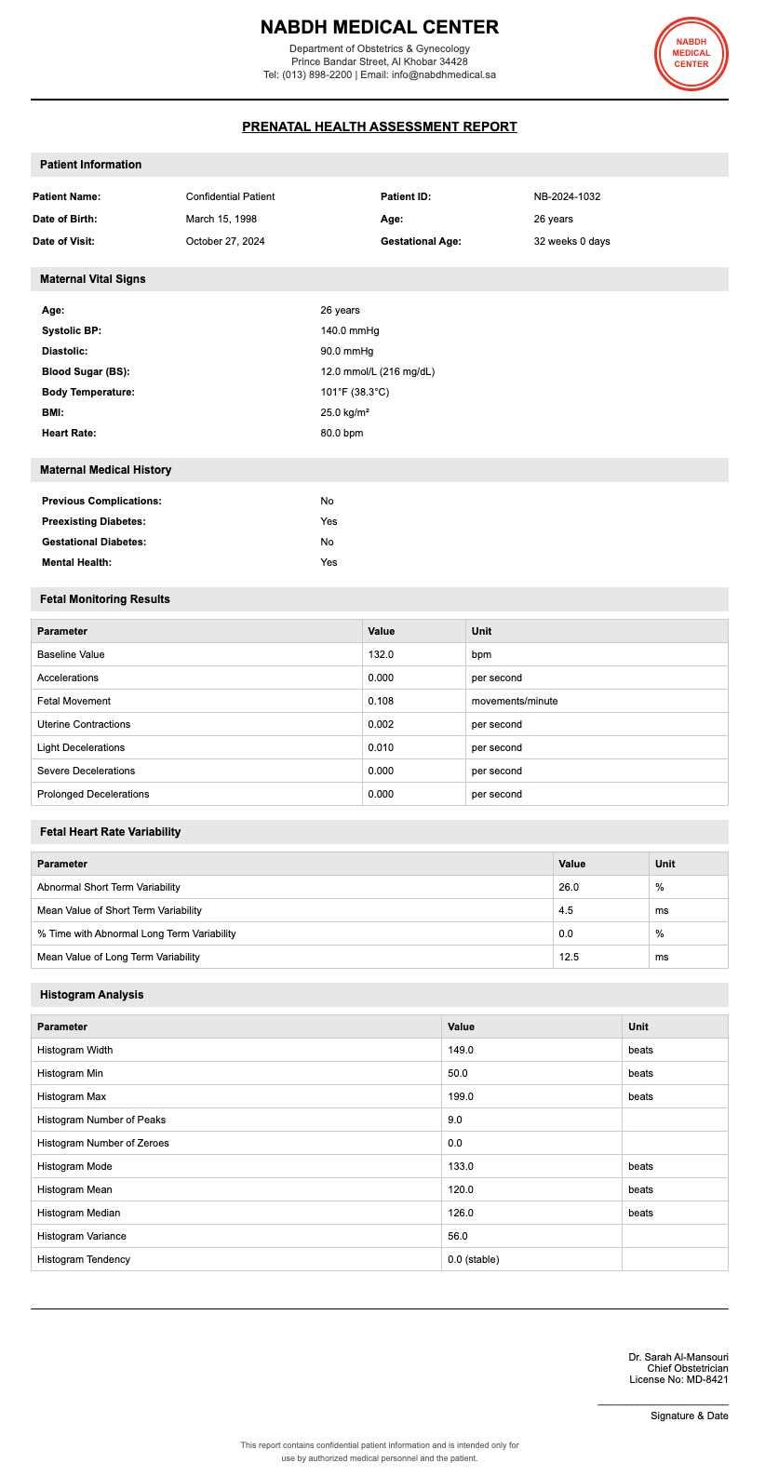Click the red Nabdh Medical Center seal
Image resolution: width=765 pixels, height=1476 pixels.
point(691,53)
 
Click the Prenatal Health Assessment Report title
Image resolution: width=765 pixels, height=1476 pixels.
point(379,127)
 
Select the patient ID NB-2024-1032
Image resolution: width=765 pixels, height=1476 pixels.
point(567,196)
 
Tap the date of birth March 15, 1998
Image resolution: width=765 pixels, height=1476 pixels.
point(221,219)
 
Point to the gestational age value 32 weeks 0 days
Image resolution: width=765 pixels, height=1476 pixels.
point(571,241)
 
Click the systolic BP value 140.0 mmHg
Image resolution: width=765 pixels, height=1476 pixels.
point(350,330)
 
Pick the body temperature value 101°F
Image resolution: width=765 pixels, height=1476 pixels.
point(355,392)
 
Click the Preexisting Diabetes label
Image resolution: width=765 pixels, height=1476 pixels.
point(94,521)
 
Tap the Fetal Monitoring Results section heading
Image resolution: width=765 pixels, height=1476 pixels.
point(105,599)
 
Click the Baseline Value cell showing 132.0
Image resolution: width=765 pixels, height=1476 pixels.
point(381,654)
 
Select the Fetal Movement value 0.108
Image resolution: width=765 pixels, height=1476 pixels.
point(381,701)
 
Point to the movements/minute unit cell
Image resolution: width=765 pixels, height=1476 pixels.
point(515,701)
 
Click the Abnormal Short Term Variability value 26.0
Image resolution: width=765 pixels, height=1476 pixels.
point(569,887)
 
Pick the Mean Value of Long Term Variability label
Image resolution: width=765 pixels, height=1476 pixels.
point(118,957)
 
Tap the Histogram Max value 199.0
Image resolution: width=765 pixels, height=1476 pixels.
point(461,1096)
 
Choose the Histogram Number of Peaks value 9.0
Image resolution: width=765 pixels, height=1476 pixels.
point(455,1120)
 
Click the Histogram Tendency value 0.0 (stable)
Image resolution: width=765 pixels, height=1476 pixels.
point(475,1259)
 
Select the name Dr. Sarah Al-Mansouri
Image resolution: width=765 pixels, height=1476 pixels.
point(678,1357)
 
